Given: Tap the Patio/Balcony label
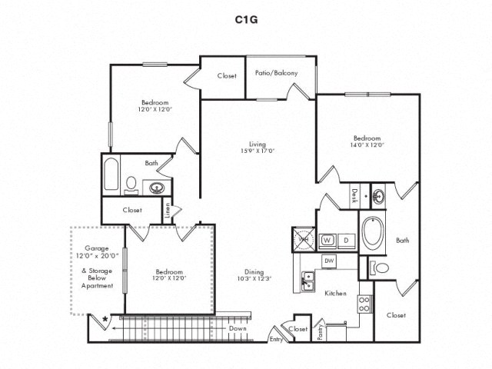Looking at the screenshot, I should [277, 74].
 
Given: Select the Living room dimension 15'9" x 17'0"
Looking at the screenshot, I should [257, 151].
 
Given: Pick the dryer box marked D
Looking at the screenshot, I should [346, 239].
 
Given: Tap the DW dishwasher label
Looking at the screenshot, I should [329, 261].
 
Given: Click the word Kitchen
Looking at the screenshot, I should [335, 293].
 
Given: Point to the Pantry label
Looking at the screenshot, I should [320, 331].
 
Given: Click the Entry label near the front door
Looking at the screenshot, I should [275, 339].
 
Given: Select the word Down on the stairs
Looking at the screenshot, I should [238, 329].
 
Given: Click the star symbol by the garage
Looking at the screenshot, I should [105, 316].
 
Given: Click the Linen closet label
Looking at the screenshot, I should [168, 208].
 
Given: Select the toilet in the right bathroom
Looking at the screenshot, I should [380, 268].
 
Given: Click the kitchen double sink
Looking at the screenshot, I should [308, 281].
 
